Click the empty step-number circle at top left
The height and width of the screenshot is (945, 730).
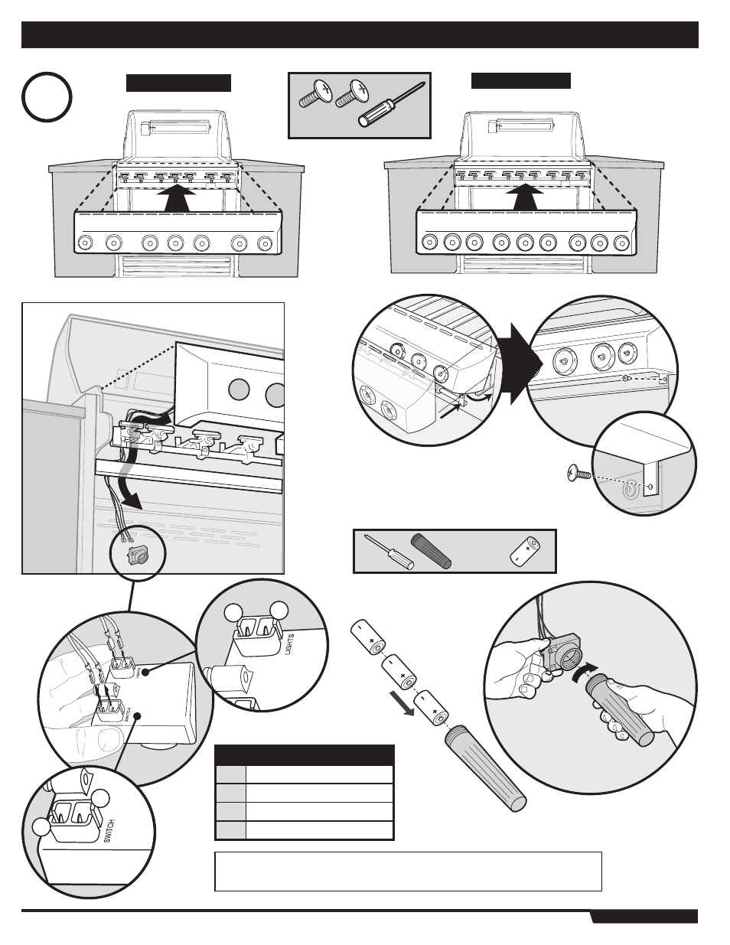47,98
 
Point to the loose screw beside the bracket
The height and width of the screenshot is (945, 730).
578,475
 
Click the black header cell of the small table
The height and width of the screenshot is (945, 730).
305,754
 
